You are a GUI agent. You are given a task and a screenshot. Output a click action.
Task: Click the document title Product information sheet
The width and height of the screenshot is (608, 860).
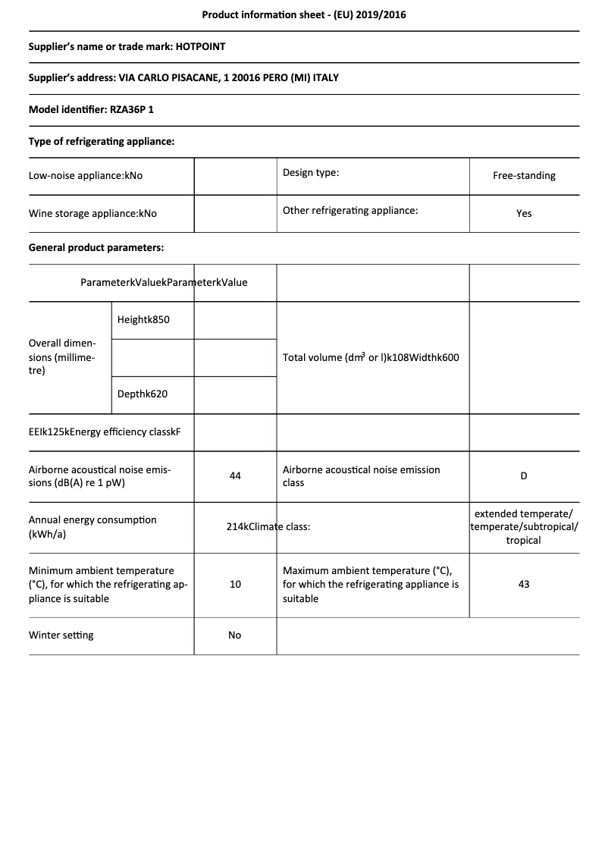303,14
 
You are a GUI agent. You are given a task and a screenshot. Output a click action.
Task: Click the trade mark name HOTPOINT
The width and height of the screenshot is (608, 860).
200,46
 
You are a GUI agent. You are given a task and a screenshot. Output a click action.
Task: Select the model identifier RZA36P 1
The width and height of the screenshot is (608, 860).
132,109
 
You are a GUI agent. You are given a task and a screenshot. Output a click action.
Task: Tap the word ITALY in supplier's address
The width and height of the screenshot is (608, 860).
325,78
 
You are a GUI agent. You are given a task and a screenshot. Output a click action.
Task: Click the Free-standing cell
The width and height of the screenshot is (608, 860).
524,175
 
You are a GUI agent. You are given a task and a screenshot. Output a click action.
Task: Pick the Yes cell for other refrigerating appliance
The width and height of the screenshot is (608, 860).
524,213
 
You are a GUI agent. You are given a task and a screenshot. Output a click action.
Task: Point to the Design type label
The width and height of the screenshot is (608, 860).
311,172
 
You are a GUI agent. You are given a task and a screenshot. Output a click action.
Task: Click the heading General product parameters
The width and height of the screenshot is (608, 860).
96,247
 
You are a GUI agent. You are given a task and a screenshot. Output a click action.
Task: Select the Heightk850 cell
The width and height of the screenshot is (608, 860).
143,319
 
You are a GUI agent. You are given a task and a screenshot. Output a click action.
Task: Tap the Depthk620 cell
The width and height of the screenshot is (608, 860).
143,394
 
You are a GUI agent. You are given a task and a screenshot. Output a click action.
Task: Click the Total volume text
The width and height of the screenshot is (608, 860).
371,357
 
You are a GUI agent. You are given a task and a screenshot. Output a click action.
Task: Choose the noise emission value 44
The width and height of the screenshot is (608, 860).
235,476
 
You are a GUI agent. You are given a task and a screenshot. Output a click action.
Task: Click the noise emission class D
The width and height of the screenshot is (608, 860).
524,476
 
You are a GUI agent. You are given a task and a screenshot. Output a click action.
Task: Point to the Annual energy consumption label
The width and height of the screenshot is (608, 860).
92,526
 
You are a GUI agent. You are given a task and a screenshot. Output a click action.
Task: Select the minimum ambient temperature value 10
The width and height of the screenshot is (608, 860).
235,584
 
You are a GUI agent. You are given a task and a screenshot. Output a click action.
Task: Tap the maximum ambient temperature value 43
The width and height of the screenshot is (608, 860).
524,584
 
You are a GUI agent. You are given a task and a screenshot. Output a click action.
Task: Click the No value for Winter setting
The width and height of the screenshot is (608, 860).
235,635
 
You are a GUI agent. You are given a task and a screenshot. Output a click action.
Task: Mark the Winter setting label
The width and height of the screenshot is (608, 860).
61,635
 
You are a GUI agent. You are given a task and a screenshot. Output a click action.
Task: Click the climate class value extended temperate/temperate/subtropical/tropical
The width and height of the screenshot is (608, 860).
524,526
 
